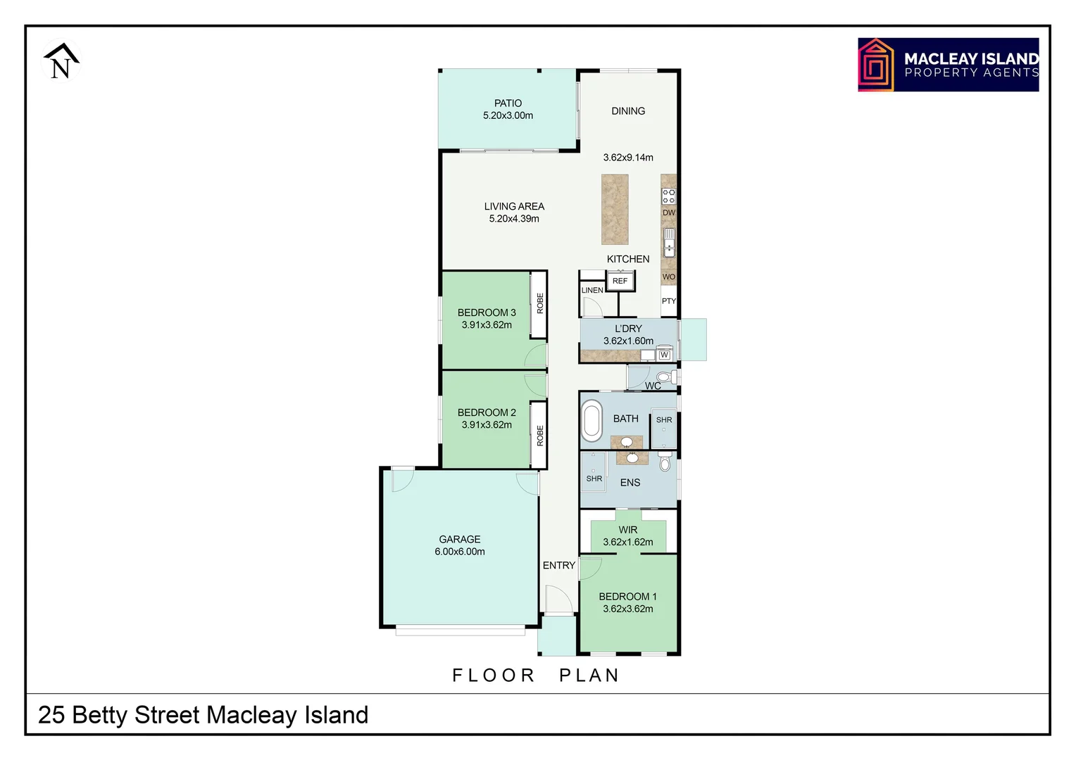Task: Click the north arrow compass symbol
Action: click(61, 61)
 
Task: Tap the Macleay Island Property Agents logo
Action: click(948, 65)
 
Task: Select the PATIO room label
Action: click(508, 103)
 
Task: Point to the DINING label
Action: click(628, 111)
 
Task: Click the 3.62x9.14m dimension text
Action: click(628, 158)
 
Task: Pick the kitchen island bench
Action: click(615, 210)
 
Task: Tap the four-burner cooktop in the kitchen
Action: click(668, 196)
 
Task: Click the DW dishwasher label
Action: click(668, 213)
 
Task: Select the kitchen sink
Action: click(669, 242)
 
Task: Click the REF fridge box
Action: click(620, 281)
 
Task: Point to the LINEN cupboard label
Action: click(592, 290)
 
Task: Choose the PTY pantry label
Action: click(668, 301)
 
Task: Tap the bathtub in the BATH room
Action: click(592, 420)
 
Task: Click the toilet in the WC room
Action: click(664, 377)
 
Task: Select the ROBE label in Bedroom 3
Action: click(540, 303)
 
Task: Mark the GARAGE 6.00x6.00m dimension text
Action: click(460, 552)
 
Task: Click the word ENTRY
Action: click(559, 565)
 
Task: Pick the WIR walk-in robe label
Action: click(628, 530)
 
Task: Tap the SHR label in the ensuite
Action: click(594, 479)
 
